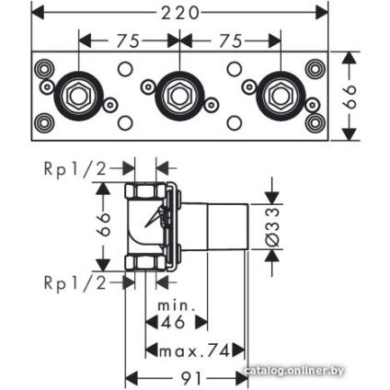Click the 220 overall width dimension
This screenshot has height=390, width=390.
(180, 13)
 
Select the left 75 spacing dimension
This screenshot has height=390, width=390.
(129, 41)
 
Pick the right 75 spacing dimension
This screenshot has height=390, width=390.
(231, 41)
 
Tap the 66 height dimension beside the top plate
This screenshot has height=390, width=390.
(350, 96)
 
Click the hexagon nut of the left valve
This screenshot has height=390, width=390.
(77, 97)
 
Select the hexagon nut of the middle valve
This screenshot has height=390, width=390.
(179, 97)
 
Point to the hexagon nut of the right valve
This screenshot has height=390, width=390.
(280, 97)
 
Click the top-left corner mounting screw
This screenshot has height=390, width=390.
(44, 68)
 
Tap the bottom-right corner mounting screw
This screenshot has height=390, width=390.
(315, 123)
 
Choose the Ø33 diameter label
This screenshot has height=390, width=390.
(272, 227)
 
